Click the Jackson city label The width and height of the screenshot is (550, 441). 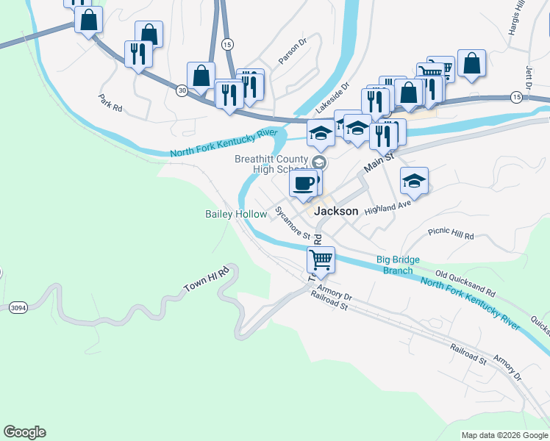(337, 211)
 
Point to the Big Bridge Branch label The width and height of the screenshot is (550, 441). (394, 265)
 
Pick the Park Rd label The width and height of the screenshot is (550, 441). (110, 102)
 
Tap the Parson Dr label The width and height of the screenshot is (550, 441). (291, 51)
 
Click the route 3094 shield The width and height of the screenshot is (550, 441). (18, 308)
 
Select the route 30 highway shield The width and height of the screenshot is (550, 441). (182, 90)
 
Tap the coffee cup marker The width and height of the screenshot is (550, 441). (303, 184)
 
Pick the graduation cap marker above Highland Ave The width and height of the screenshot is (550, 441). (414, 181)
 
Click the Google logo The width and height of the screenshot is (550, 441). (24, 432)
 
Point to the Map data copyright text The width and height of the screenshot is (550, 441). (504, 435)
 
